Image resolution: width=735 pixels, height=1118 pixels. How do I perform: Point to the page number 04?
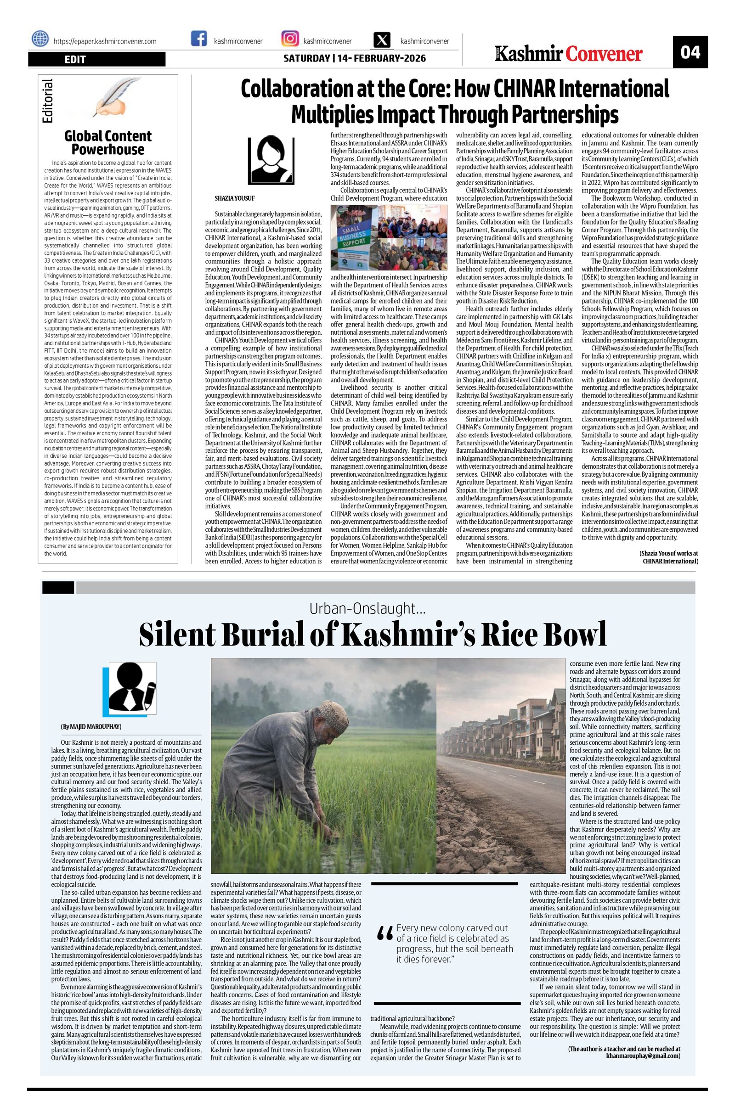pyautogui.click(x=690, y=52)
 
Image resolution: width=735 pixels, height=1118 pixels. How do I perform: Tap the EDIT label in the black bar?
pyautogui.click(x=75, y=60)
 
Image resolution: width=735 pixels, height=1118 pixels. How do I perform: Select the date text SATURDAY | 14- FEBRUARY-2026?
pyautogui.click(x=354, y=58)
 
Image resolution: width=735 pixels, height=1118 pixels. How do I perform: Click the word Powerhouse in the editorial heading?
pyautogui.click(x=107, y=149)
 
